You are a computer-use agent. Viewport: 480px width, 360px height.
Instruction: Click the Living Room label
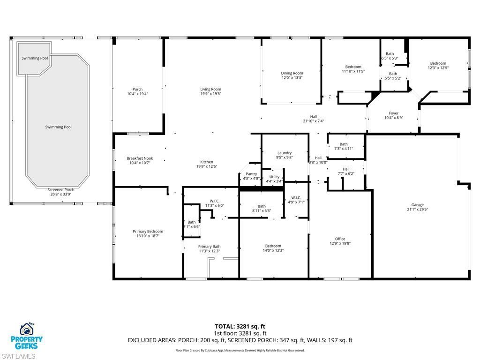[x=210, y=89]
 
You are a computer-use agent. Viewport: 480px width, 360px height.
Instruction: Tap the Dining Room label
[x=292, y=73]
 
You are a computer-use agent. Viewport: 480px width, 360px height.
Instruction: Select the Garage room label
[x=417, y=205]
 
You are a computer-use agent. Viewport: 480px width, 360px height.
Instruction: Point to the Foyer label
[x=394, y=113]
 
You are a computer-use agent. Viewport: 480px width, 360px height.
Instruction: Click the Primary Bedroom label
[x=148, y=231]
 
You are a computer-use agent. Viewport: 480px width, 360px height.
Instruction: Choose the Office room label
[x=340, y=239]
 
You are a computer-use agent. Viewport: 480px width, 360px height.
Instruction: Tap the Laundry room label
[x=285, y=153]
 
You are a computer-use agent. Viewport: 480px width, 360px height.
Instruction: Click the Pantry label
[x=251, y=174]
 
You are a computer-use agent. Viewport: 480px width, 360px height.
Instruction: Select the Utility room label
[x=274, y=177]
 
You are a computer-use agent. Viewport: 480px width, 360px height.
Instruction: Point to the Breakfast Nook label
[x=140, y=158]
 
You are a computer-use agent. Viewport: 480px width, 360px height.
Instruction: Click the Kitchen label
[x=207, y=162]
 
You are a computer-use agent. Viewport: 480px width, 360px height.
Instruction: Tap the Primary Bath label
[x=209, y=247]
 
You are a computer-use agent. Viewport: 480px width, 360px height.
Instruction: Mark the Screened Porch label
[x=61, y=190]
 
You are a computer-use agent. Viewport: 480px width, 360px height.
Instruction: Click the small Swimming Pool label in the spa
[x=35, y=58]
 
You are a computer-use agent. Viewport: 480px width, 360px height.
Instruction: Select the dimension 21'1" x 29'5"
[x=417, y=210]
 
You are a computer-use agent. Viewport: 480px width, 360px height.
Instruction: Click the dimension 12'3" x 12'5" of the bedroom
[x=438, y=68]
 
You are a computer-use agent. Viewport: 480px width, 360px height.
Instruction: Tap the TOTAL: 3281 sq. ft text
[x=240, y=326]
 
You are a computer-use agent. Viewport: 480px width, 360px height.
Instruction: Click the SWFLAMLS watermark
[x=18, y=356]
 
